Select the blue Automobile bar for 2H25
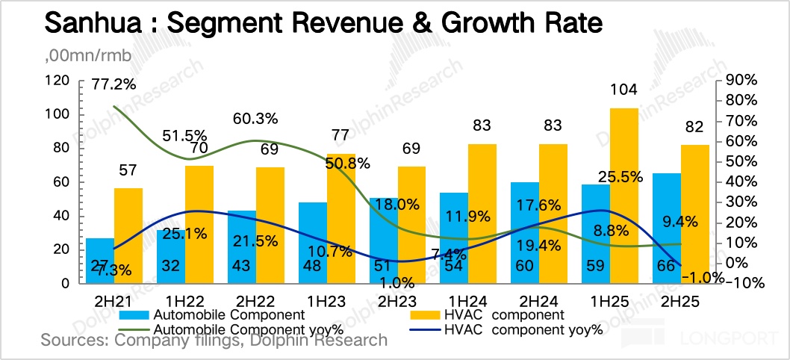pos(667,228)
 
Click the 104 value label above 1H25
pos(623,90)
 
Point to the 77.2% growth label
pos(113,84)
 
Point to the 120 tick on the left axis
pos(57,80)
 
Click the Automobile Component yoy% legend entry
pos(246,329)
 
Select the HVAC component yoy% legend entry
pos(523,329)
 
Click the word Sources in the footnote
pos(69,341)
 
